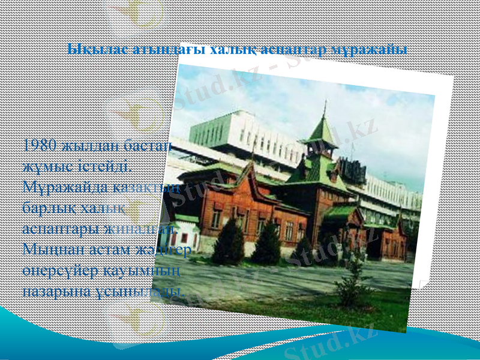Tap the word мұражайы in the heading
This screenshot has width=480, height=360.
[x=376, y=49]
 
